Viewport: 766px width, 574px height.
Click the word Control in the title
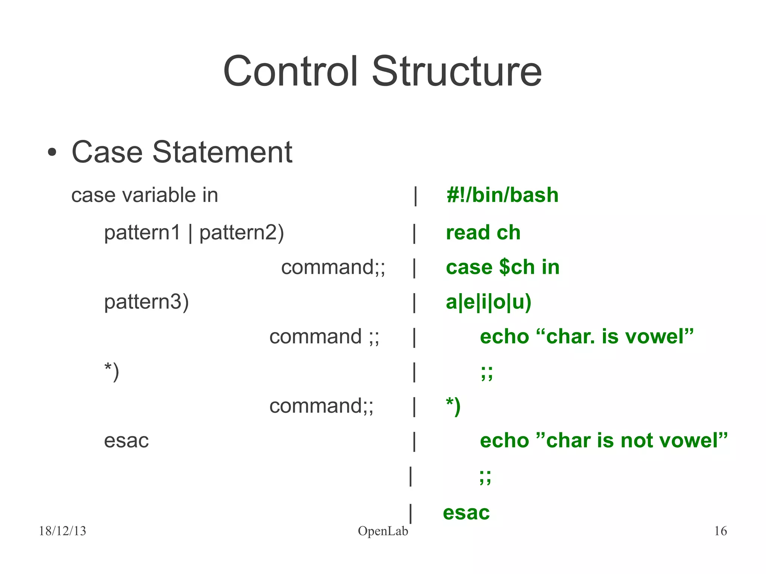click(x=290, y=71)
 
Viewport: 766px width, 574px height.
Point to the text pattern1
click(x=143, y=233)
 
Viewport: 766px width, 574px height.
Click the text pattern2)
click(x=242, y=233)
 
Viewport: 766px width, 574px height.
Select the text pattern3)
click(x=146, y=302)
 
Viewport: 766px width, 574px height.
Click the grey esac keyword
click(x=126, y=441)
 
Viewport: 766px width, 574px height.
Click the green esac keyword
click(x=466, y=513)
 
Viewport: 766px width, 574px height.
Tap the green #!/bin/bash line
click(x=502, y=195)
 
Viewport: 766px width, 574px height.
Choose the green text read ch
click(x=483, y=233)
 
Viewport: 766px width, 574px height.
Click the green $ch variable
click(x=517, y=267)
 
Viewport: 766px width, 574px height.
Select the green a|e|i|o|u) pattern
click(x=488, y=302)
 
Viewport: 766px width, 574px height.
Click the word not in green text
click(x=637, y=441)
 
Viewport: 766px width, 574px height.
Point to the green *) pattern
click(x=453, y=406)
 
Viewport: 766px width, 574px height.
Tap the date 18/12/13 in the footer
click(x=62, y=531)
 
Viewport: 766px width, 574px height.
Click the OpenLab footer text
click(x=383, y=531)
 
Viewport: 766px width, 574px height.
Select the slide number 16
click(x=720, y=531)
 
